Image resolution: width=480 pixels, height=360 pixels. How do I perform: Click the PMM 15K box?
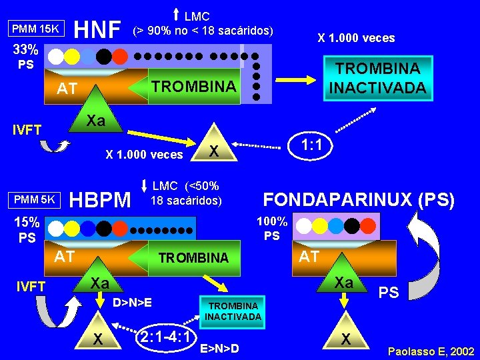pyautogui.click(x=35, y=29)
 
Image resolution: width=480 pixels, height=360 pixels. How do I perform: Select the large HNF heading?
pyautogui.click(x=97, y=29)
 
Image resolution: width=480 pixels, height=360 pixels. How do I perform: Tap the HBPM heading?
pyautogui.click(x=100, y=199)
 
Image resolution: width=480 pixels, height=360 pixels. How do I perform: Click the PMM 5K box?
pyautogui.click(x=35, y=199)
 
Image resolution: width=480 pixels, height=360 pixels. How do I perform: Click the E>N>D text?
pyautogui.click(x=219, y=348)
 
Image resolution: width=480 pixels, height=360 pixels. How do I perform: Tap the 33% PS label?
pyautogui.click(x=26, y=57)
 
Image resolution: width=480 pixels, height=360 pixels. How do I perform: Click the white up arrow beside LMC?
pyautogui.click(x=176, y=15)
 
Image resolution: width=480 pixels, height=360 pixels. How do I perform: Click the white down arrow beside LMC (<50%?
pyautogui.click(x=144, y=185)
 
